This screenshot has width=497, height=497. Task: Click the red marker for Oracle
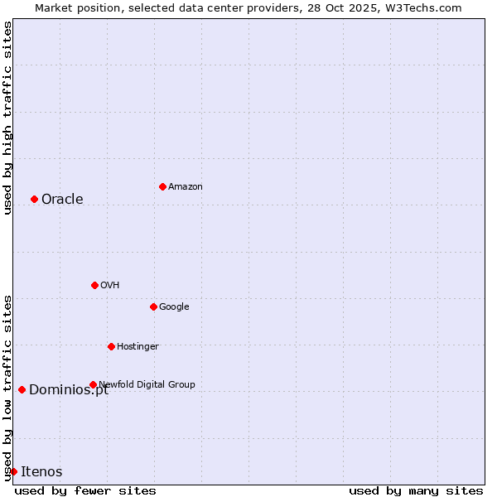[34, 199]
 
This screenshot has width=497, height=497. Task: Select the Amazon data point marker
[162, 186]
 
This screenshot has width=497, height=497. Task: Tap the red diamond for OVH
[94, 285]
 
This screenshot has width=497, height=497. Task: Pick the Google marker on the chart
[153, 306]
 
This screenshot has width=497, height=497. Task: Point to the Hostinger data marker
[111, 346]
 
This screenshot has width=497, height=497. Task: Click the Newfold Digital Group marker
[93, 384]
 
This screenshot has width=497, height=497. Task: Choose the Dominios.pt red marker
[22, 389]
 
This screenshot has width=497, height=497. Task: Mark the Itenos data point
[13, 471]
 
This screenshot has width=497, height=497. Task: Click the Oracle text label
[62, 199]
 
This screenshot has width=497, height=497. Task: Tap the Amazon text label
[186, 186]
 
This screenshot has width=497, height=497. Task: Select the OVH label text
[110, 285]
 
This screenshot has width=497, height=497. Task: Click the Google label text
[174, 306]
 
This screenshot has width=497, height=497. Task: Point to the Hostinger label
[138, 346]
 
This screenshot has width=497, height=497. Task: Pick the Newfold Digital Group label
[147, 384]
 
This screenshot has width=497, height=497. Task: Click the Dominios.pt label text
[69, 390]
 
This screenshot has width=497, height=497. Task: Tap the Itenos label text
[41, 471]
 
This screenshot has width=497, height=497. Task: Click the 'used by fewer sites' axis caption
[85, 490]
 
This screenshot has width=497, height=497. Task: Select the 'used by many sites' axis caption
[416, 490]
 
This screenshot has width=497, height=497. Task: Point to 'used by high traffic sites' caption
[7, 118]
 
